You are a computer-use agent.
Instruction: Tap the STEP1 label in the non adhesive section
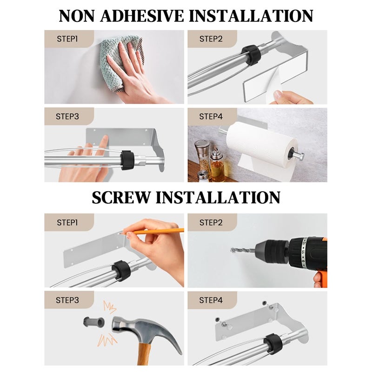tap(67, 39)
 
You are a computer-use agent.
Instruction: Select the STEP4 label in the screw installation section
tap(211, 300)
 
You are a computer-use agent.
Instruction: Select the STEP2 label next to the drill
tap(211, 222)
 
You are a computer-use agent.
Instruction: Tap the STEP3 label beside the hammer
tap(67, 300)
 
